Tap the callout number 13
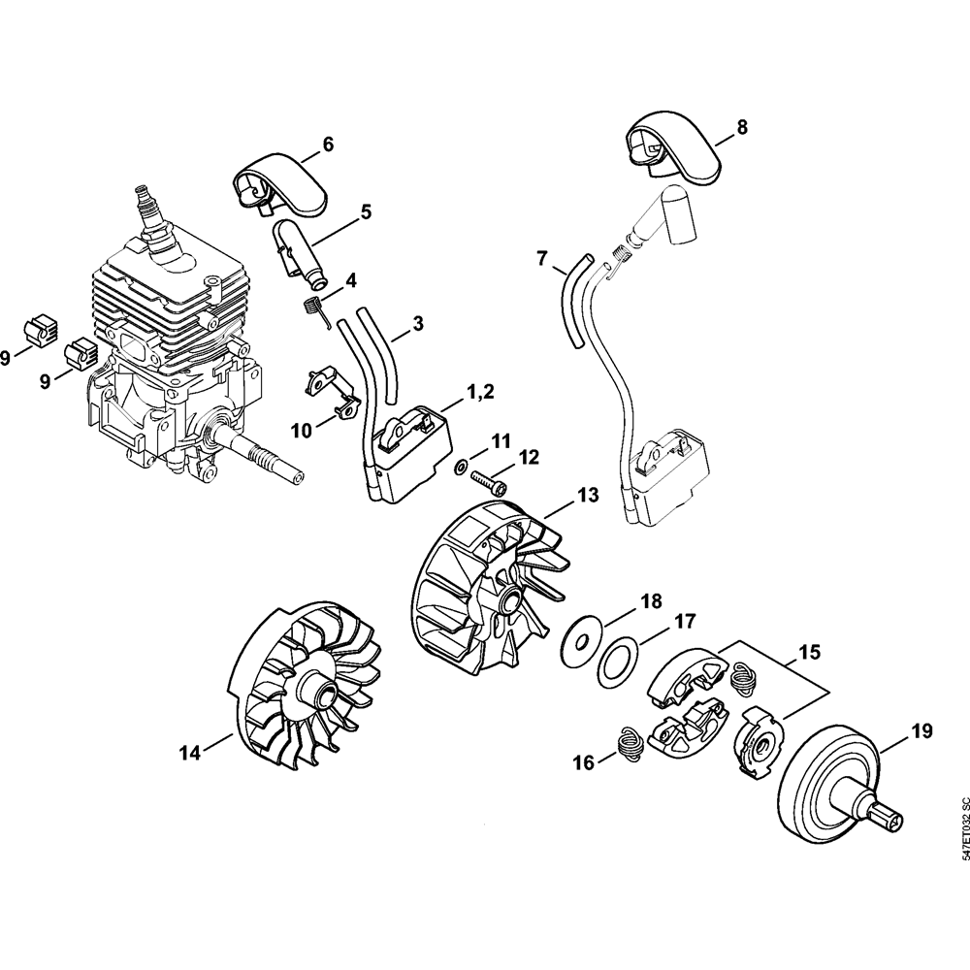point(589,495)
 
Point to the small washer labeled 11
point(460,466)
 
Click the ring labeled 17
point(615,664)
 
